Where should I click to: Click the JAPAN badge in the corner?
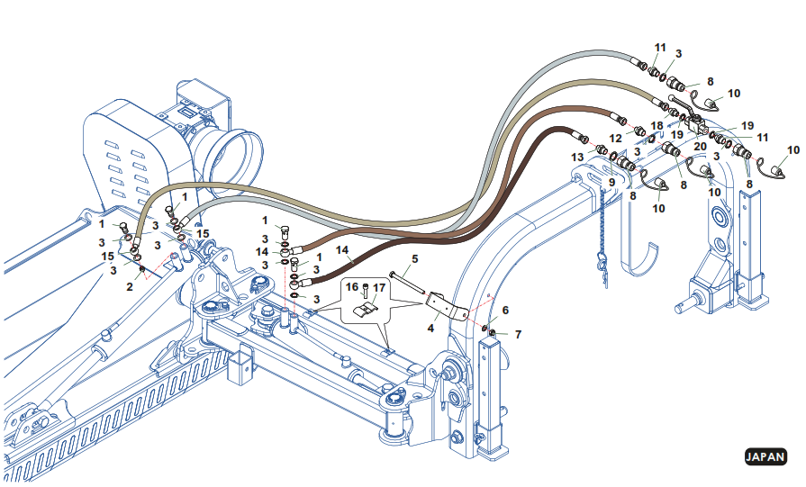(x=765, y=456)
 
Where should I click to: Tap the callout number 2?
(x=130, y=286)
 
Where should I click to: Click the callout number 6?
(x=505, y=311)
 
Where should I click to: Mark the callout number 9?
(x=611, y=182)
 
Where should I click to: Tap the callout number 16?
(x=353, y=287)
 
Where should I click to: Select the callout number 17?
(x=379, y=288)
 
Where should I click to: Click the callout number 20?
(x=700, y=146)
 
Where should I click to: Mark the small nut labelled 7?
(x=492, y=335)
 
